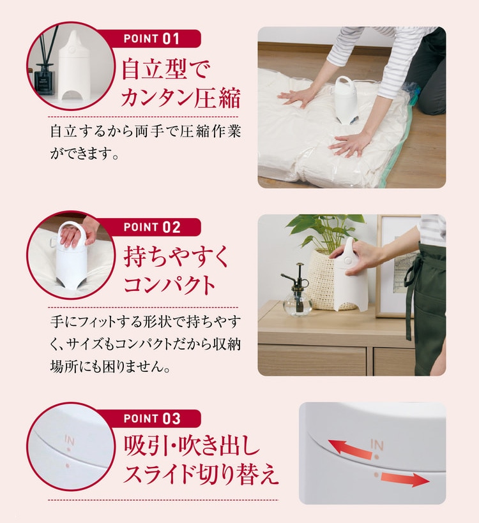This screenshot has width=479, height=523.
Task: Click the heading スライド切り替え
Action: click(x=201, y=475)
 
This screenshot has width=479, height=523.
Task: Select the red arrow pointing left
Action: click(x=350, y=448)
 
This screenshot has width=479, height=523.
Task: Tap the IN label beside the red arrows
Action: click(x=377, y=444)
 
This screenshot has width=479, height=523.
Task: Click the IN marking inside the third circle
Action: click(x=70, y=441)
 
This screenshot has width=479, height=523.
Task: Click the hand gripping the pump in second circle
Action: click(x=72, y=236)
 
